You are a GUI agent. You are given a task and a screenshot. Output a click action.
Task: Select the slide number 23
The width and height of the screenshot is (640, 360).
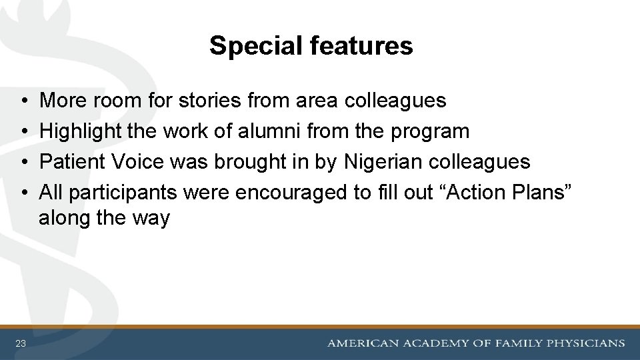coord(21,343)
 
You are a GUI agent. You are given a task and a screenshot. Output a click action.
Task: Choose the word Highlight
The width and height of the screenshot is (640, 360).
coord(81,131)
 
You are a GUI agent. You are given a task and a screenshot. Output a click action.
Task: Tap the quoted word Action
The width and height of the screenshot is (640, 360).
coord(477,193)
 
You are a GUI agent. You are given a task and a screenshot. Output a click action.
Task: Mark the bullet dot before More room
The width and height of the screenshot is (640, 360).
coord(23,101)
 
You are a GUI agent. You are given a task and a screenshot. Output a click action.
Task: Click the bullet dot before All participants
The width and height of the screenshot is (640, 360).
coord(23,193)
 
